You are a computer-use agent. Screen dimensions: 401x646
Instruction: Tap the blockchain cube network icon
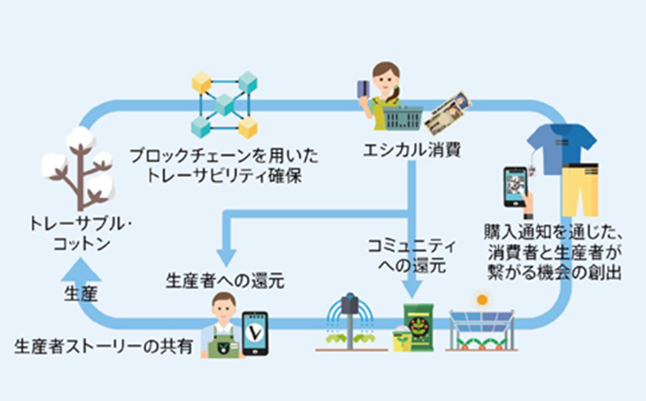tap(225, 105)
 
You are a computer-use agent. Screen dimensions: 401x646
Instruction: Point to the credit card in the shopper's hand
tap(363, 89)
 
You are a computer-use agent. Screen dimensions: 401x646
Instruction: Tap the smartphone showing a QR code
tap(515, 187)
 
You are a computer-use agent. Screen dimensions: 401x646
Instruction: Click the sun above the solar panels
tap(482, 299)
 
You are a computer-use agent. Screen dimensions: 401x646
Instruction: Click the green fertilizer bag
tap(418, 327)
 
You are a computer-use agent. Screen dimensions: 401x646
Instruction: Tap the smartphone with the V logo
tap(255, 333)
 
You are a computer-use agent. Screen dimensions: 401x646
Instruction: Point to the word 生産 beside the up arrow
tap(81, 294)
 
